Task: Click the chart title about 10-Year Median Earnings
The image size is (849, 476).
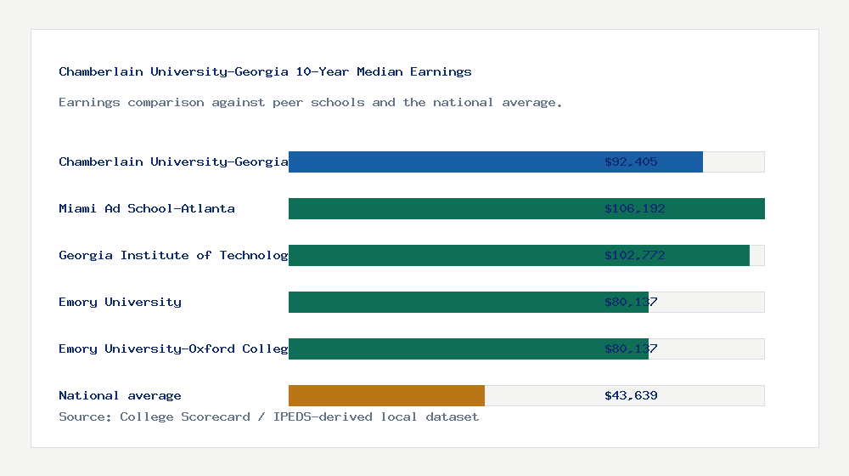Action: point(265,71)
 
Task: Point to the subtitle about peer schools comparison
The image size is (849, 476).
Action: point(310,102)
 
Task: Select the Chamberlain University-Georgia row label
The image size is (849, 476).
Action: point(173,161)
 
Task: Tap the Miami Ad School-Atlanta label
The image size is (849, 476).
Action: point(147,208)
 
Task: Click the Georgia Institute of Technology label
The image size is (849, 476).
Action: point(173,255)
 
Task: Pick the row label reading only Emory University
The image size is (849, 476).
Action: point(120,302)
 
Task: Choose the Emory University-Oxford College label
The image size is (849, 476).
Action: point(173,348)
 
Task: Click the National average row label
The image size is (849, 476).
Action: point(120,395)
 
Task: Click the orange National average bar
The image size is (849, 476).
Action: point(386,395)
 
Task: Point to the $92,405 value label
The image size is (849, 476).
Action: point(631,161)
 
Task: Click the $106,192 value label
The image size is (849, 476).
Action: point(634,208)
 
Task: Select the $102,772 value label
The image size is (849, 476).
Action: point(634,255)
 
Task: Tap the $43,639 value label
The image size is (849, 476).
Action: point(631,395)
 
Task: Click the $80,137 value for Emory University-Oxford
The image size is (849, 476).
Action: point(631,348)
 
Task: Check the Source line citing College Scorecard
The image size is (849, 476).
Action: point(268,416)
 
